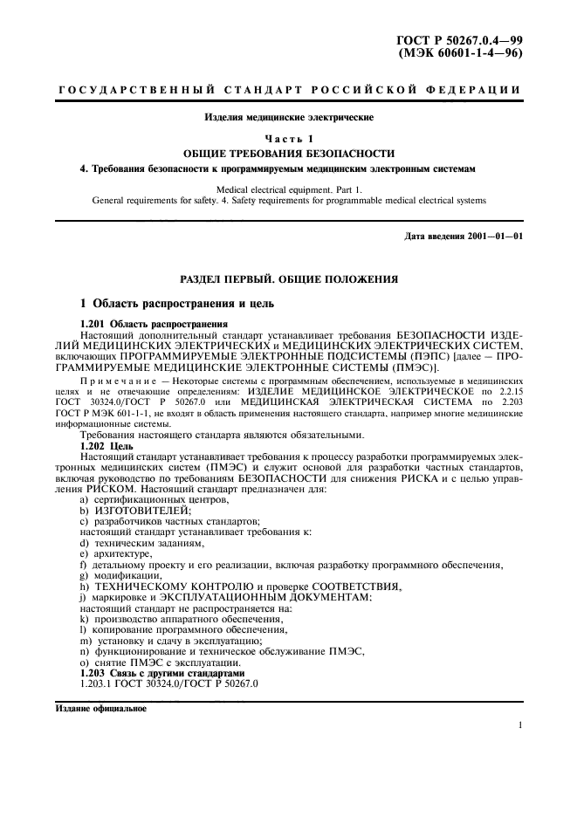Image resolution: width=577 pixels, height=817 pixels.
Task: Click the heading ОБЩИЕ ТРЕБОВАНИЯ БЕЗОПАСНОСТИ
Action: [288, 152]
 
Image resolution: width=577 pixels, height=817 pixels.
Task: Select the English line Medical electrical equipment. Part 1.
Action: [288, 188]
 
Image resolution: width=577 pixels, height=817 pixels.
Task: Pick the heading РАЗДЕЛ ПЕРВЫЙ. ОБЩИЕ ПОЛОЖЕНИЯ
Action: [288, 278]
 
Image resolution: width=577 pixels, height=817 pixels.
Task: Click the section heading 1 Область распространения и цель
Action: [176, 304]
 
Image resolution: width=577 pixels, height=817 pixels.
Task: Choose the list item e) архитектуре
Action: [115, 553]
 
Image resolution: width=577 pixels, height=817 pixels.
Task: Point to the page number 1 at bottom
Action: [519, 724]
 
